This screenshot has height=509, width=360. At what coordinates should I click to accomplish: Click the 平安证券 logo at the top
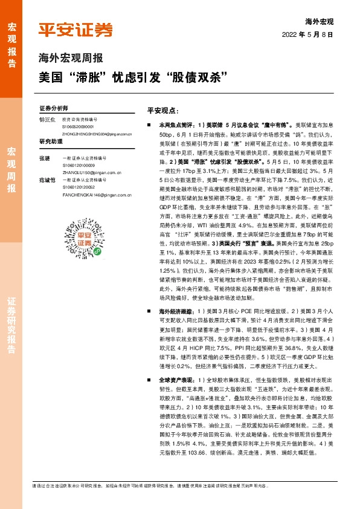76,30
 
